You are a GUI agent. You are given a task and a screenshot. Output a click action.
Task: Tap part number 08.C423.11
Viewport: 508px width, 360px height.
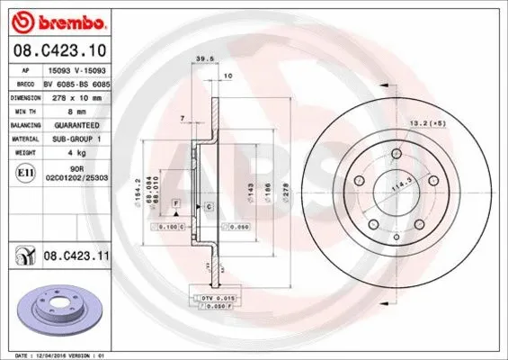point(75,258)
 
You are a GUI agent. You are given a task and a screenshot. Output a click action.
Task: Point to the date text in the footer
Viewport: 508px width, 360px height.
point(54,355)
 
